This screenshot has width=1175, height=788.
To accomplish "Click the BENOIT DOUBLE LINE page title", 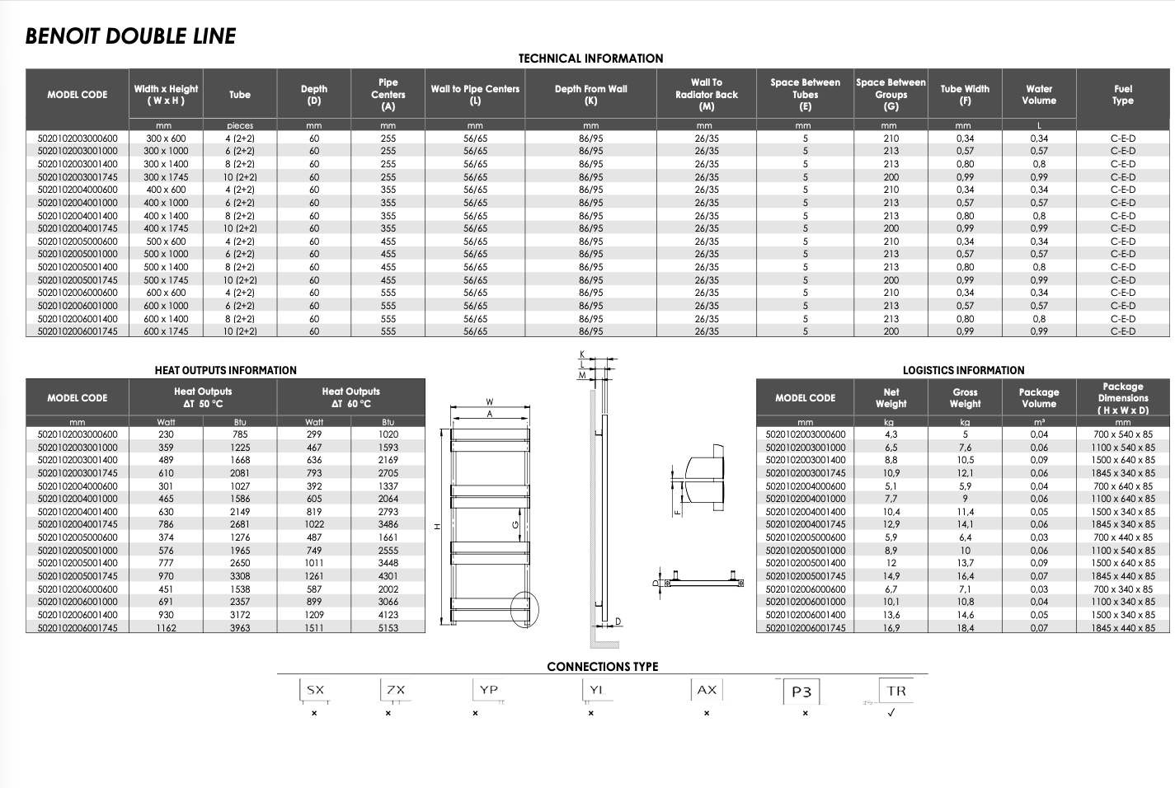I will pyautogui.click(x=130, y=36).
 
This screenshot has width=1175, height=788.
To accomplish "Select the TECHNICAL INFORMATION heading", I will pyautogui.click(x=590, y=59).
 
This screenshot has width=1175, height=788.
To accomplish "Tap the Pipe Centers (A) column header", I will pyautogui.click(x=388, y=94).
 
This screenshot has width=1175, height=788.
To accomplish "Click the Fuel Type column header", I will pyautogui.click(x=1122, y=94).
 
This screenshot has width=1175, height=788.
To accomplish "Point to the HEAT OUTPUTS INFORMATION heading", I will pyautogui.click(x=225, y=370).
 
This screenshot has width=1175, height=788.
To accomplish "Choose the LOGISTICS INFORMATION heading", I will pyautogui.click(x=963, y=370).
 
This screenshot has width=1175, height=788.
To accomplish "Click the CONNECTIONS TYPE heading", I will pyautogui.click(x=603, y=667).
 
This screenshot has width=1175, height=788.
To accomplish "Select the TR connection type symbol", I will pyautogui.click(x=896, y=691).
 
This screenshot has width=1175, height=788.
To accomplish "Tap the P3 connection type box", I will pyautogui.click(x=801, y=692).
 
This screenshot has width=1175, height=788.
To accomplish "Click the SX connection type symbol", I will pyautogui.click(x=315, y=690).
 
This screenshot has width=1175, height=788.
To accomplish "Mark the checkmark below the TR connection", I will pyautogui.click(x=891, y=713).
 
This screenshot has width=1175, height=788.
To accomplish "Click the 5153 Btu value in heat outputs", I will pyautogui.click(x=388, y=628).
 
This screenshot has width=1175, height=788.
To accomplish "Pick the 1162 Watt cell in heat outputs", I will pyautogui.click(x=167, y=628).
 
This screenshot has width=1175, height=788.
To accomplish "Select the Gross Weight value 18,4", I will pyautogui.click(x=965, y=628).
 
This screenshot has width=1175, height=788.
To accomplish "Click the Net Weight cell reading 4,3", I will pyautogui.click(x=891, y=434).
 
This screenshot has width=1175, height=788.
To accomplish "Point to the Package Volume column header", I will pyautogui.click(x=1038, y=398).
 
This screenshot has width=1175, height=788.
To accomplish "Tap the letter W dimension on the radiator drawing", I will pyautogui.click(x=489, y=402).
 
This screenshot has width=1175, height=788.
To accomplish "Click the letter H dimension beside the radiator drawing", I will pyautogui.click(x=438, y=526).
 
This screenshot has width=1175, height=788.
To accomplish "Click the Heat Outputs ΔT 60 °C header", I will pyautogui.click(x=350, y=397).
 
